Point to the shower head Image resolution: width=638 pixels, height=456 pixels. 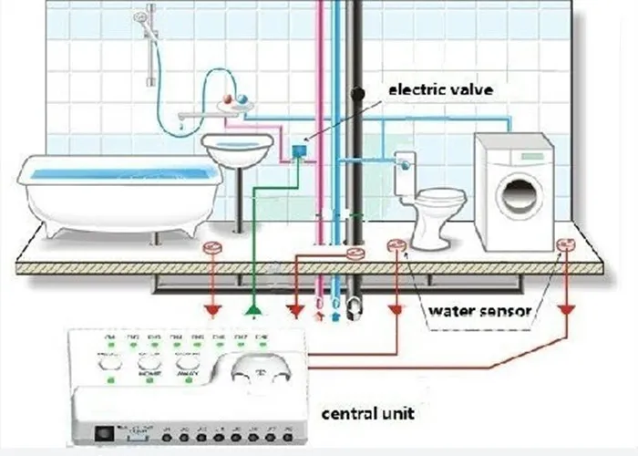coord(142,16)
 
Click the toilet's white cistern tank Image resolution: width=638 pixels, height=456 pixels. coord(405,172)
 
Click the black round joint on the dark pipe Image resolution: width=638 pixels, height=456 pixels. coord(358,92)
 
